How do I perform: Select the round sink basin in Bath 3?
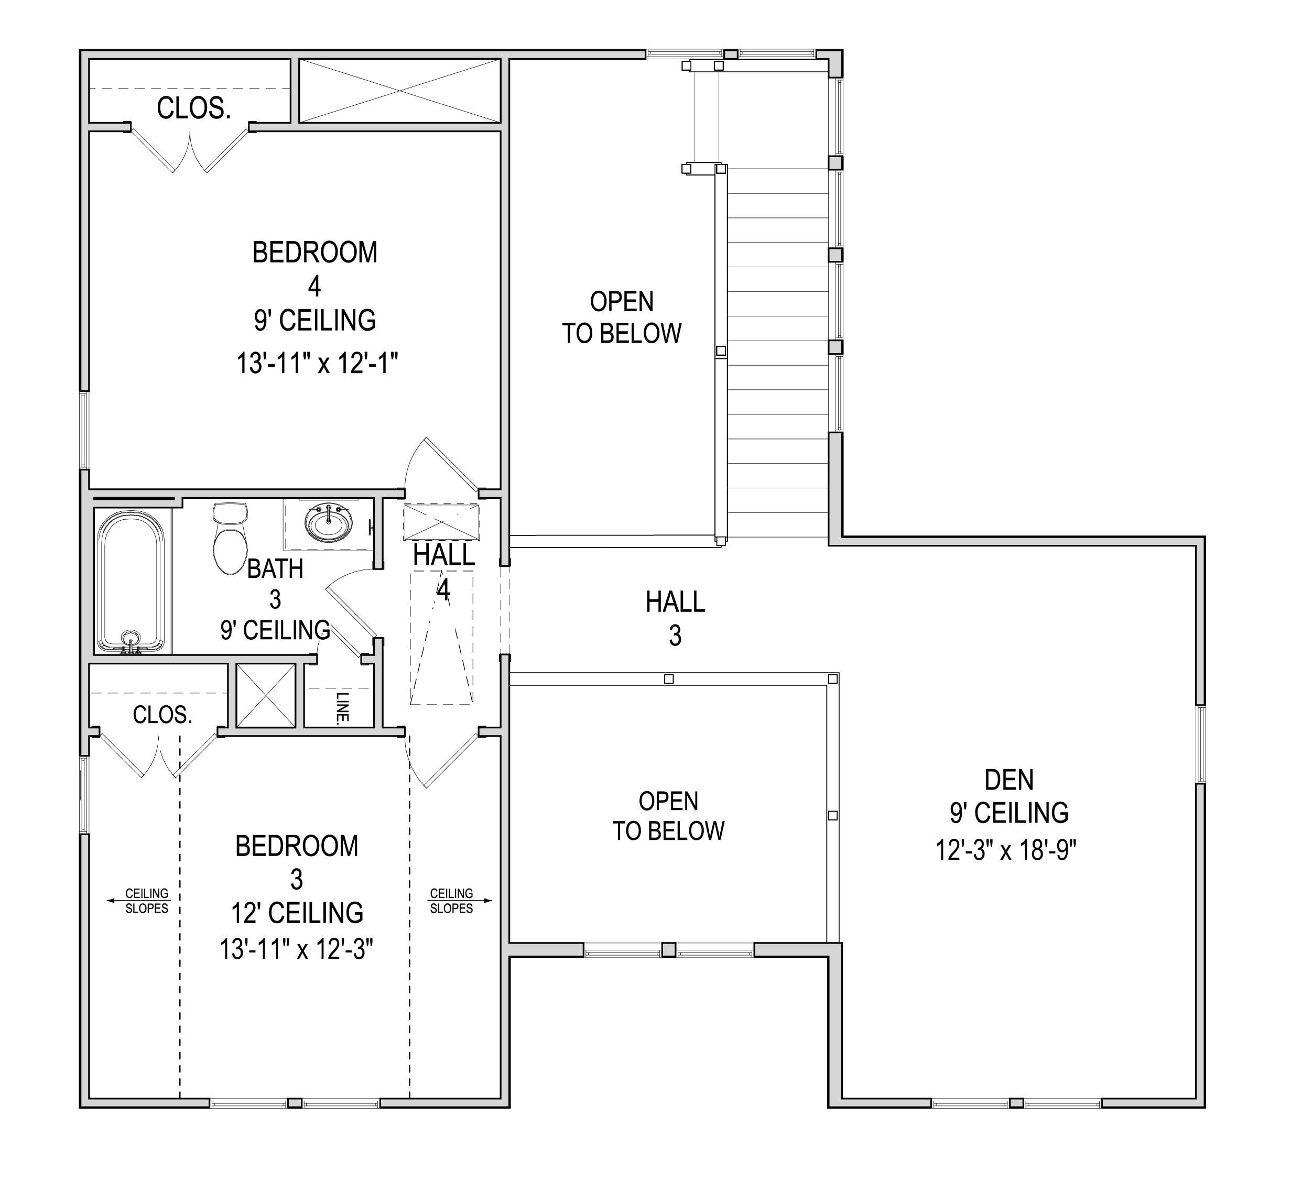pos(329,523)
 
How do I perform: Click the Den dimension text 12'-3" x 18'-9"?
pos(1006,850)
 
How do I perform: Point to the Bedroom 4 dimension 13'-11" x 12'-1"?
pos(317,363)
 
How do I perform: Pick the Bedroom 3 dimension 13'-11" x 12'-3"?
pos(297,950)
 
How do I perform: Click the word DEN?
pos(1009,780)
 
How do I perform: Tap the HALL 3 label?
pos(675,618)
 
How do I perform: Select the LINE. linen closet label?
pos(343,707)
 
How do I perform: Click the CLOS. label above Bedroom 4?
pos(194,108)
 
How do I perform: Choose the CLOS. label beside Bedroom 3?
pos(162,715)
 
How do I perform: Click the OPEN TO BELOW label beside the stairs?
pos(622,317)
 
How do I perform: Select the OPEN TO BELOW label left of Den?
pos(668,816)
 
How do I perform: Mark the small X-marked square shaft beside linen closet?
pos(265,695)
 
